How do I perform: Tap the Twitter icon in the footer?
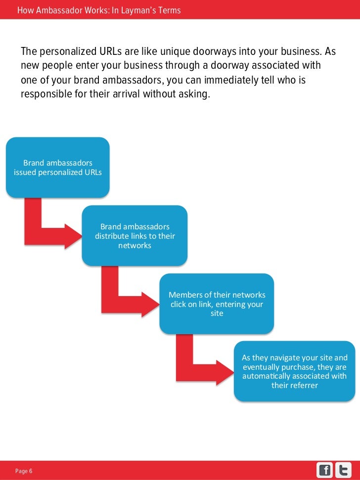(x=343, y=470)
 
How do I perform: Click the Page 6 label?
(x=24, y=471)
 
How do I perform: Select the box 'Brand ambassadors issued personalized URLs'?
(x=57, y=168)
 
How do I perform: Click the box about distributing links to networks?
(x=135, y=235)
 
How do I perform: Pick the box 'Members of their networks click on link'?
(x=217, y=304)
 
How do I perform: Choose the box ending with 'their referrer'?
(x=294, y=371)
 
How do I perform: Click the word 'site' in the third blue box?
(x=217, y=313)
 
